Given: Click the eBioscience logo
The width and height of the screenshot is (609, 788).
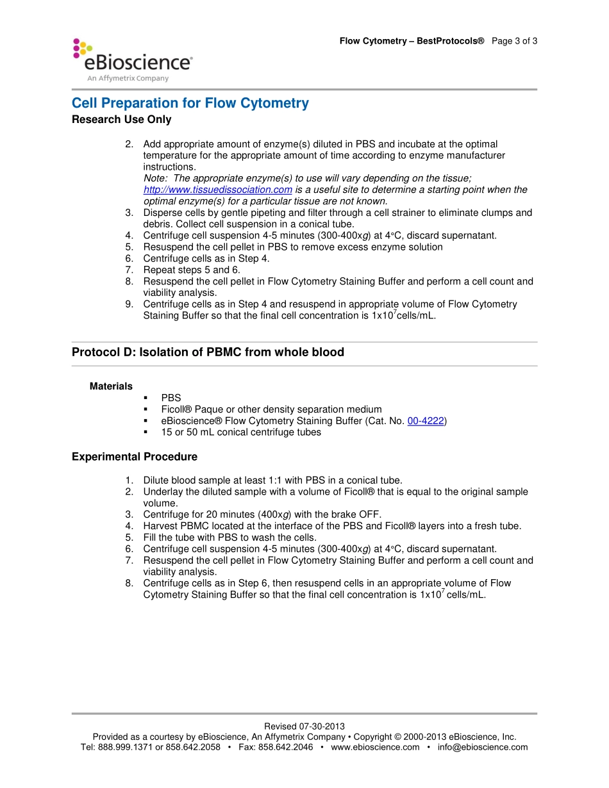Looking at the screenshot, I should tap(132, 60).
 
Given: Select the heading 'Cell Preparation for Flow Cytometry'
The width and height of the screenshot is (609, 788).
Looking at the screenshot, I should tap(190, 103).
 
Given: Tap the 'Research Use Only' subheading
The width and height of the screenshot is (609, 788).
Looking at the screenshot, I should tap(121, 119).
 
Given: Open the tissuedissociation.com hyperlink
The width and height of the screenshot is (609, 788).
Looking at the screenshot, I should tap(217, 190).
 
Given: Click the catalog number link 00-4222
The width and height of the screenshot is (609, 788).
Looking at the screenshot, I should tap(426, 421).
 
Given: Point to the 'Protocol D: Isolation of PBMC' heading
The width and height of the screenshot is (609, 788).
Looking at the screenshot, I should tap(208, 352).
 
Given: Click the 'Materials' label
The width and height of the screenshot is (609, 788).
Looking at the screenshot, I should tap(111, 386).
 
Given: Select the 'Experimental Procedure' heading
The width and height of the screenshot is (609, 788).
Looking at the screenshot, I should tap(134, 457).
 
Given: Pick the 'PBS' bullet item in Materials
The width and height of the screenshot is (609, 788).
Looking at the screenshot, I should tap(171, 398).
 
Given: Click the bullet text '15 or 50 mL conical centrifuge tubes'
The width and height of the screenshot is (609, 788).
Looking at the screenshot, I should tap(241, 432).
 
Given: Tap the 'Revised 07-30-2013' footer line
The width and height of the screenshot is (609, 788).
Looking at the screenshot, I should tap(304, 726).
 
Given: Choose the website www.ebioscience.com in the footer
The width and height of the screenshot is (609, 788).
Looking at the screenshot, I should tap(375, 747).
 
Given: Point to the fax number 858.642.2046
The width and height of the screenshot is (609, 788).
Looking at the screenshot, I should tap(285, 747).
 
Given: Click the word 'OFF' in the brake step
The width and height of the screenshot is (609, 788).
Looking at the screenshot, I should tap(371, 514).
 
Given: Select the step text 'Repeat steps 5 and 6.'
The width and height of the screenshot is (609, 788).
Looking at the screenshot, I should tap(192, 270).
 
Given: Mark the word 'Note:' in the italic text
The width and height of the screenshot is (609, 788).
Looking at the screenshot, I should tap(155, 178).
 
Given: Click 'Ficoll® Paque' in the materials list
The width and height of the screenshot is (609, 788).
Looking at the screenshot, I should tap(189, 409).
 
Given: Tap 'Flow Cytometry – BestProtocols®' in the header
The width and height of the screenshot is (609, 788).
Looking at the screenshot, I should tap(412, 41).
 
